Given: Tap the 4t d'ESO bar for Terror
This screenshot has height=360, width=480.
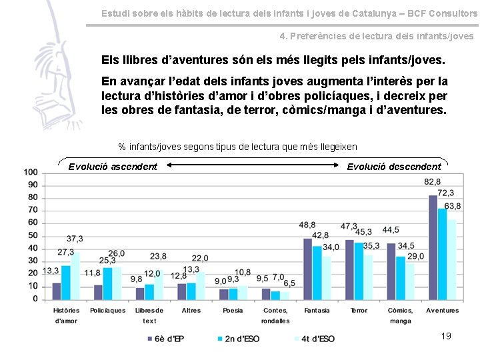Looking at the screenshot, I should pyautogui.click(x=367, y=277).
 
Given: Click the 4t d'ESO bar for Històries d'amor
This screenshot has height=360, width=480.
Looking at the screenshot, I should pyautogui.click(x=75, y=275).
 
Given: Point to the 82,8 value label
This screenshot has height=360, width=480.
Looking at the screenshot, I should pyautogui.click(x=433, y=182).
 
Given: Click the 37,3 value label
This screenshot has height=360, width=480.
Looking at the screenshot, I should pyautogui.click(x=75, y=239).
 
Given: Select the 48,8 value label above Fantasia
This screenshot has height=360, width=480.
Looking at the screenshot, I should pyautogui.click(x=307, y=225).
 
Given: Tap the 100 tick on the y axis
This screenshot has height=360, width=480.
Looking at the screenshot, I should pyautogui.click(x=31, y=173).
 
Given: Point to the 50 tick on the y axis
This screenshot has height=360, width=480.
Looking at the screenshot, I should pyautogui.click(x=33, y=236).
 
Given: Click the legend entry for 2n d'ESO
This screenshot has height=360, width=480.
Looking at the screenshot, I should pyautogui.click(x=237, y=339).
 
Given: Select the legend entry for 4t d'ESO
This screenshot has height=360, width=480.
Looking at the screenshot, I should pyautogui.click(x=313, y=339).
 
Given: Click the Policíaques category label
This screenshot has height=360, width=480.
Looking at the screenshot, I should pyautogui.click(x=107, y=311).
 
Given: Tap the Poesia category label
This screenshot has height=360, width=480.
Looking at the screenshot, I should pyautogui.click(x=233, y=311).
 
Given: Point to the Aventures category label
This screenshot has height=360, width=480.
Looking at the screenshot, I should pyautogui.click(x=442, y=311).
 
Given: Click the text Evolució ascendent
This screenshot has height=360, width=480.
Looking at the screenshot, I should pyautogui.click(x=113, y=167).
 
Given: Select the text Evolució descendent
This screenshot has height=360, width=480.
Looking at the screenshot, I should pyautogui.click(x=394, y=167).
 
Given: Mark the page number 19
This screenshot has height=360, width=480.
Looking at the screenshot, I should pyautogui.click(x=446, y=336).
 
